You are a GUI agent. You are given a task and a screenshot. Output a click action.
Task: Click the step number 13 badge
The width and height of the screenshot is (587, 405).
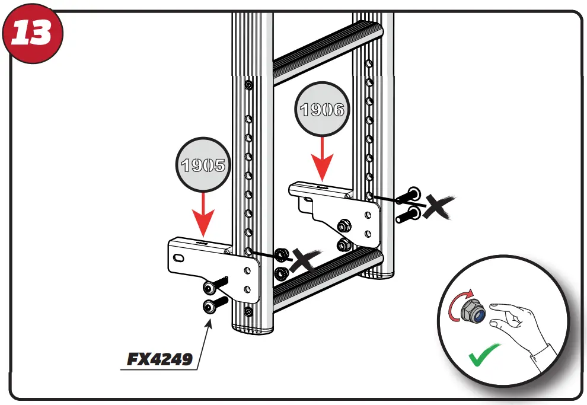pos(33,34)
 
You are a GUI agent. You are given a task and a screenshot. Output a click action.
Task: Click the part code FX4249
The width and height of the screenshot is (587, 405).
pos(160,359)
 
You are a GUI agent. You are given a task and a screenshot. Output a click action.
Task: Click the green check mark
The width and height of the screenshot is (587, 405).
pos(483,357)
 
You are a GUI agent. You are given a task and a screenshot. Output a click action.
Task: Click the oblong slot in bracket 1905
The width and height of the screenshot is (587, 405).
pos(177,259)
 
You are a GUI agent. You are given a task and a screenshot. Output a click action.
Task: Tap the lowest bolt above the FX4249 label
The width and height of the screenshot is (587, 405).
pos(212,305)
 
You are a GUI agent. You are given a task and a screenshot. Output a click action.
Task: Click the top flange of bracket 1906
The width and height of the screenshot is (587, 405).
pos(320,190)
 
